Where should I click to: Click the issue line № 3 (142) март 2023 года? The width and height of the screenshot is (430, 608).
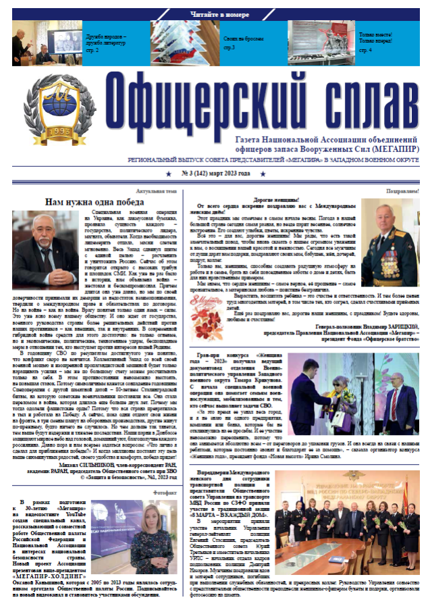coord(215,174)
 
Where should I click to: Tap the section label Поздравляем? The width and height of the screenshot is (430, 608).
coord(402,191)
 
